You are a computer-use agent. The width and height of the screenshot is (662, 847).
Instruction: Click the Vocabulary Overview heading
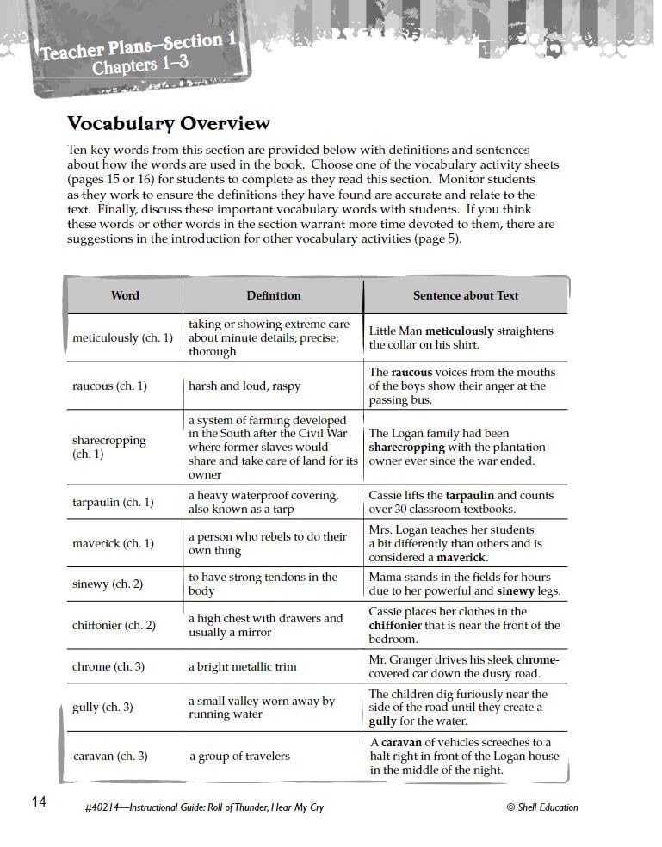tap(168, 124)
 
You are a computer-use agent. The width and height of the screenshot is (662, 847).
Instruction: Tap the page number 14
tap(39, 802)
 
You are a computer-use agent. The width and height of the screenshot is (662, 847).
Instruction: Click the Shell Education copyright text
tap(542, 807)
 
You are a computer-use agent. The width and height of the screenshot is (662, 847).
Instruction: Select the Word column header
tap(125, 295)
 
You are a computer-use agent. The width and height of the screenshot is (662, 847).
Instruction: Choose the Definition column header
tap(273, 295)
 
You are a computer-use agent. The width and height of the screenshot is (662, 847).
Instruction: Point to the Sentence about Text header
tap(466, 295)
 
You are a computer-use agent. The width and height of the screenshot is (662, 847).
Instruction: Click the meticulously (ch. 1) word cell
tap(122, 337)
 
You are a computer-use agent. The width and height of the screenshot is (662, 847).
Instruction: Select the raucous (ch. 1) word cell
tap(109, 386)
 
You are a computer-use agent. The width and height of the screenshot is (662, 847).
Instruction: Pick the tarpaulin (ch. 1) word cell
tap(113, 502)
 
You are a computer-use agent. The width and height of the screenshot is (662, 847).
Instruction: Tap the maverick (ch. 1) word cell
tap(113, 543)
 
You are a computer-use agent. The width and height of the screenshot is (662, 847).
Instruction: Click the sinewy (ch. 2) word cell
tap(108, 584)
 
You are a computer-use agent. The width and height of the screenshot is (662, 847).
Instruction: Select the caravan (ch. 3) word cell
tap(110, 756)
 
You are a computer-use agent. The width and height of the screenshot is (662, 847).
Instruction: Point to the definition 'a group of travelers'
tap(239, 756)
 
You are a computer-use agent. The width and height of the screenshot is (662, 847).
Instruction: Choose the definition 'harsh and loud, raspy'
tap(244, 386)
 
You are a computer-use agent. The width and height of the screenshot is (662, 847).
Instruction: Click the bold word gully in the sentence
tap(384, 721)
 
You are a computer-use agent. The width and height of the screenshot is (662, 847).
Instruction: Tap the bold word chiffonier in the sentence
tap(400, 625)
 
